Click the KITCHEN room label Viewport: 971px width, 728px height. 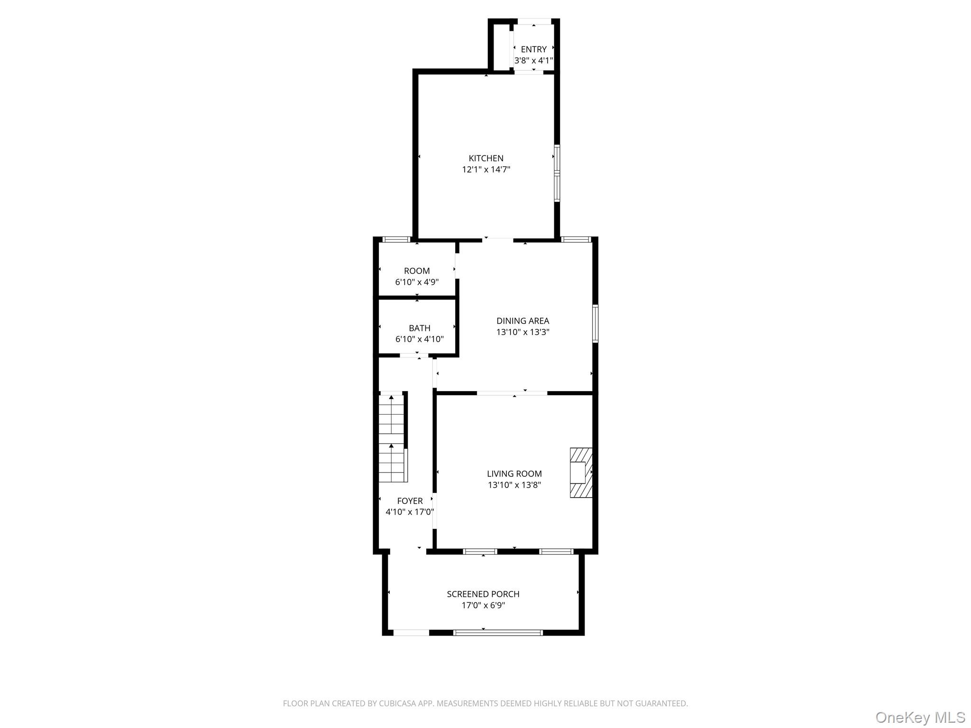[486, 158]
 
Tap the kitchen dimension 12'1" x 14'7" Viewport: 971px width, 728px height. [486, 170]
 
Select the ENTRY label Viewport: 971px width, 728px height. [534, 49]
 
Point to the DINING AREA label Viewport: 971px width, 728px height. [522, 321]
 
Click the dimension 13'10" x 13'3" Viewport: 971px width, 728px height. [522, 332]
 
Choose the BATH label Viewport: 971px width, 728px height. [420, 328]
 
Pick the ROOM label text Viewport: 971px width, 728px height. [417, 271]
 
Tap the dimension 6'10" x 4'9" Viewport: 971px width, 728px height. [417, 282]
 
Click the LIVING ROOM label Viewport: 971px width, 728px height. [514, 473]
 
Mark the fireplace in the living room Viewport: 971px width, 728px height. [581, 473]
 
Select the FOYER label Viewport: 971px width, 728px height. [410, 501]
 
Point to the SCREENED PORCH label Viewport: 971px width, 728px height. [483, 594]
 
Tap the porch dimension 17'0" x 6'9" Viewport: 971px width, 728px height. [483, 606]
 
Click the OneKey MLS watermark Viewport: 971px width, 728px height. [920, 718]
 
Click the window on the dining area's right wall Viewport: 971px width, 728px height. [595, 324]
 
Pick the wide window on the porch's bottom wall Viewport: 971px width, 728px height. [498, 632]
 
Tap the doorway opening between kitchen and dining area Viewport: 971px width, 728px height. [498, 240]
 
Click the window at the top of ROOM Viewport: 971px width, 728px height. [396, 239]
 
